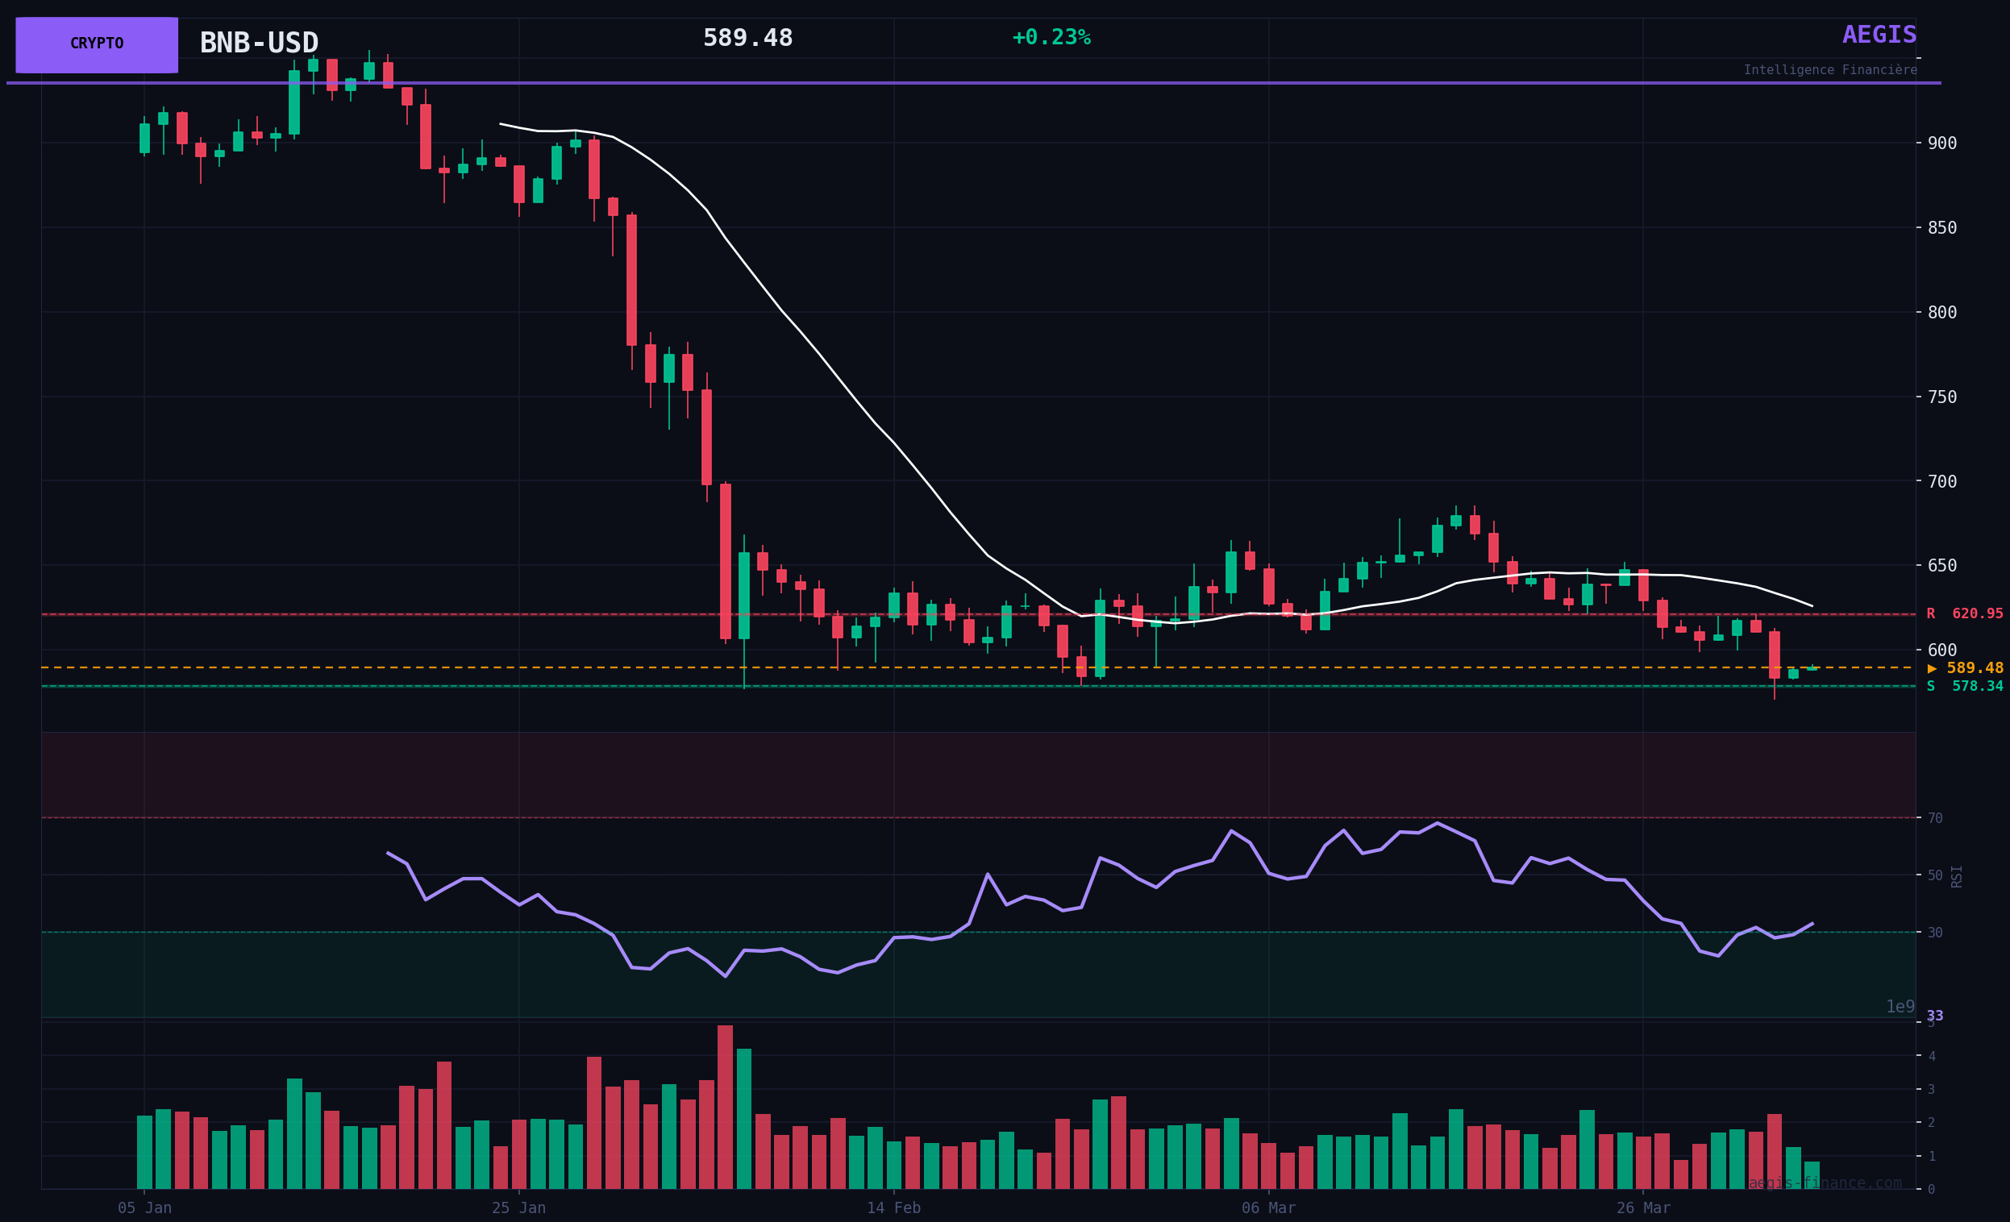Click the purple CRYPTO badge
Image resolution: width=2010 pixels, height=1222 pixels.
96,44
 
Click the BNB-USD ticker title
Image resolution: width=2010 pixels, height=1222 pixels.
259,44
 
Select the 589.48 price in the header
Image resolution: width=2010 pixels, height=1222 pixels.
747,39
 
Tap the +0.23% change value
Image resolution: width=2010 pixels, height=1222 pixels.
1051,38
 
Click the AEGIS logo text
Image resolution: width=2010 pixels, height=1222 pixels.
1879,35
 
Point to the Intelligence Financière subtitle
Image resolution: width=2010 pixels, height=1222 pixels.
1829,70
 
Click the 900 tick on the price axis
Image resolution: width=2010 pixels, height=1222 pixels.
1941,143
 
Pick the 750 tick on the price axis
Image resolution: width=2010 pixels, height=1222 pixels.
1941,397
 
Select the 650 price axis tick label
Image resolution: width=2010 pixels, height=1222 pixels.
1941,566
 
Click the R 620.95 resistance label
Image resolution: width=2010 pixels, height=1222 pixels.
1964,614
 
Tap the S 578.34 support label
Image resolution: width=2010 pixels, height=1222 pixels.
1964,687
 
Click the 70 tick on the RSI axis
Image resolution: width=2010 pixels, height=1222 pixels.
1934,818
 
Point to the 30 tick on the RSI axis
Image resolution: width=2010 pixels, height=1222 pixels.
1934,933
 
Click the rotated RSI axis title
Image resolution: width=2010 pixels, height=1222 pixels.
1956,876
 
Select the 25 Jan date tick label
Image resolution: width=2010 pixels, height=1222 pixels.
518,1208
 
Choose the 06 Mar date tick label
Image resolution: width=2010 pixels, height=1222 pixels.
1268,1208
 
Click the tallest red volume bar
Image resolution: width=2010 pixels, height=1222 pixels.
725,1107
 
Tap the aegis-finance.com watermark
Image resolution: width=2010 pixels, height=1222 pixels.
1824,1183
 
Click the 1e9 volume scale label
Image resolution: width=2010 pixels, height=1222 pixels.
1900,1007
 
